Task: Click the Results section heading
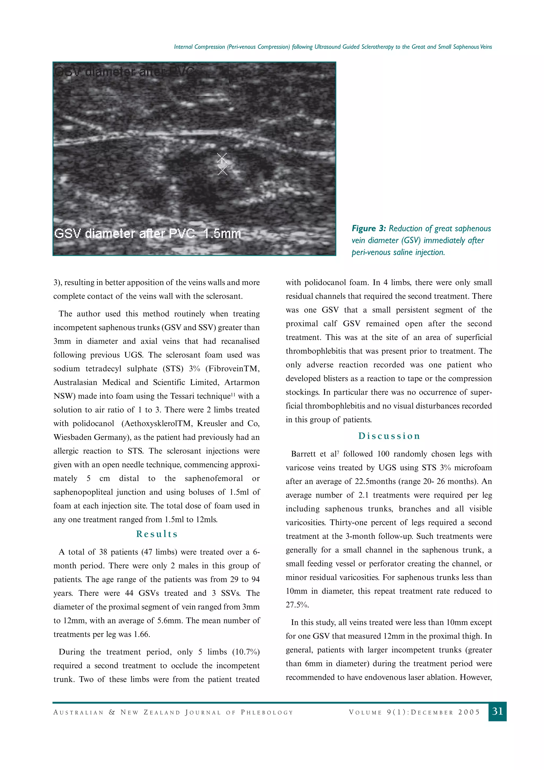[157, 534]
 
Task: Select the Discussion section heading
[389, 436]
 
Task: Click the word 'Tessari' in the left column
[182, 396]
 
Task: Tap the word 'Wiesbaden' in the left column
[72, 437]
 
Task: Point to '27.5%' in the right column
[297, 605]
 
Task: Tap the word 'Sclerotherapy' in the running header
[377, 47]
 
